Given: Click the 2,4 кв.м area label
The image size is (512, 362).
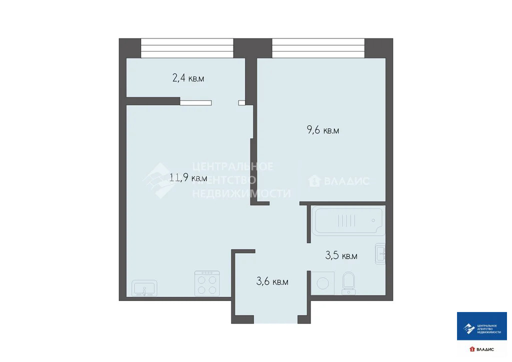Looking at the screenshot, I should click(x=188, y=78).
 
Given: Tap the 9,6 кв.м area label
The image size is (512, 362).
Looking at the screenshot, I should click(x=323, y=130).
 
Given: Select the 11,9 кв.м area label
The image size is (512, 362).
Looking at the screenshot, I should click(x=188, y=177).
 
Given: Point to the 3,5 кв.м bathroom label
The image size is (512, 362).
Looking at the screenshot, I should click(x=341, y=256).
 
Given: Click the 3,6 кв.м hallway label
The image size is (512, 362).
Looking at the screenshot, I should click(x=272, y=281).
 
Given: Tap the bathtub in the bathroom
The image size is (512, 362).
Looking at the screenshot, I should click(x=347, y=220).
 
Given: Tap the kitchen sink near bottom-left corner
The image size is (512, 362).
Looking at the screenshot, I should click(x=144, y=288).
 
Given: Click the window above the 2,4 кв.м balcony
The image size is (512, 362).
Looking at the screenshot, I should click(x=187, y=48).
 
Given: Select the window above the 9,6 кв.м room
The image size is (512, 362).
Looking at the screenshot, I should click(x=318, y=48).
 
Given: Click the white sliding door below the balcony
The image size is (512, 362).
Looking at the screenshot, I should click(x=195, y=102).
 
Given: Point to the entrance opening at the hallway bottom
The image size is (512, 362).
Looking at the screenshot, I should click(x=272, y=320).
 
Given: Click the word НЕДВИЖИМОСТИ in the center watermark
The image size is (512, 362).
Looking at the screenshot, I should click(x=241, y=193).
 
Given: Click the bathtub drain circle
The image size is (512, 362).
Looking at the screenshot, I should click(x=373, y=220).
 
